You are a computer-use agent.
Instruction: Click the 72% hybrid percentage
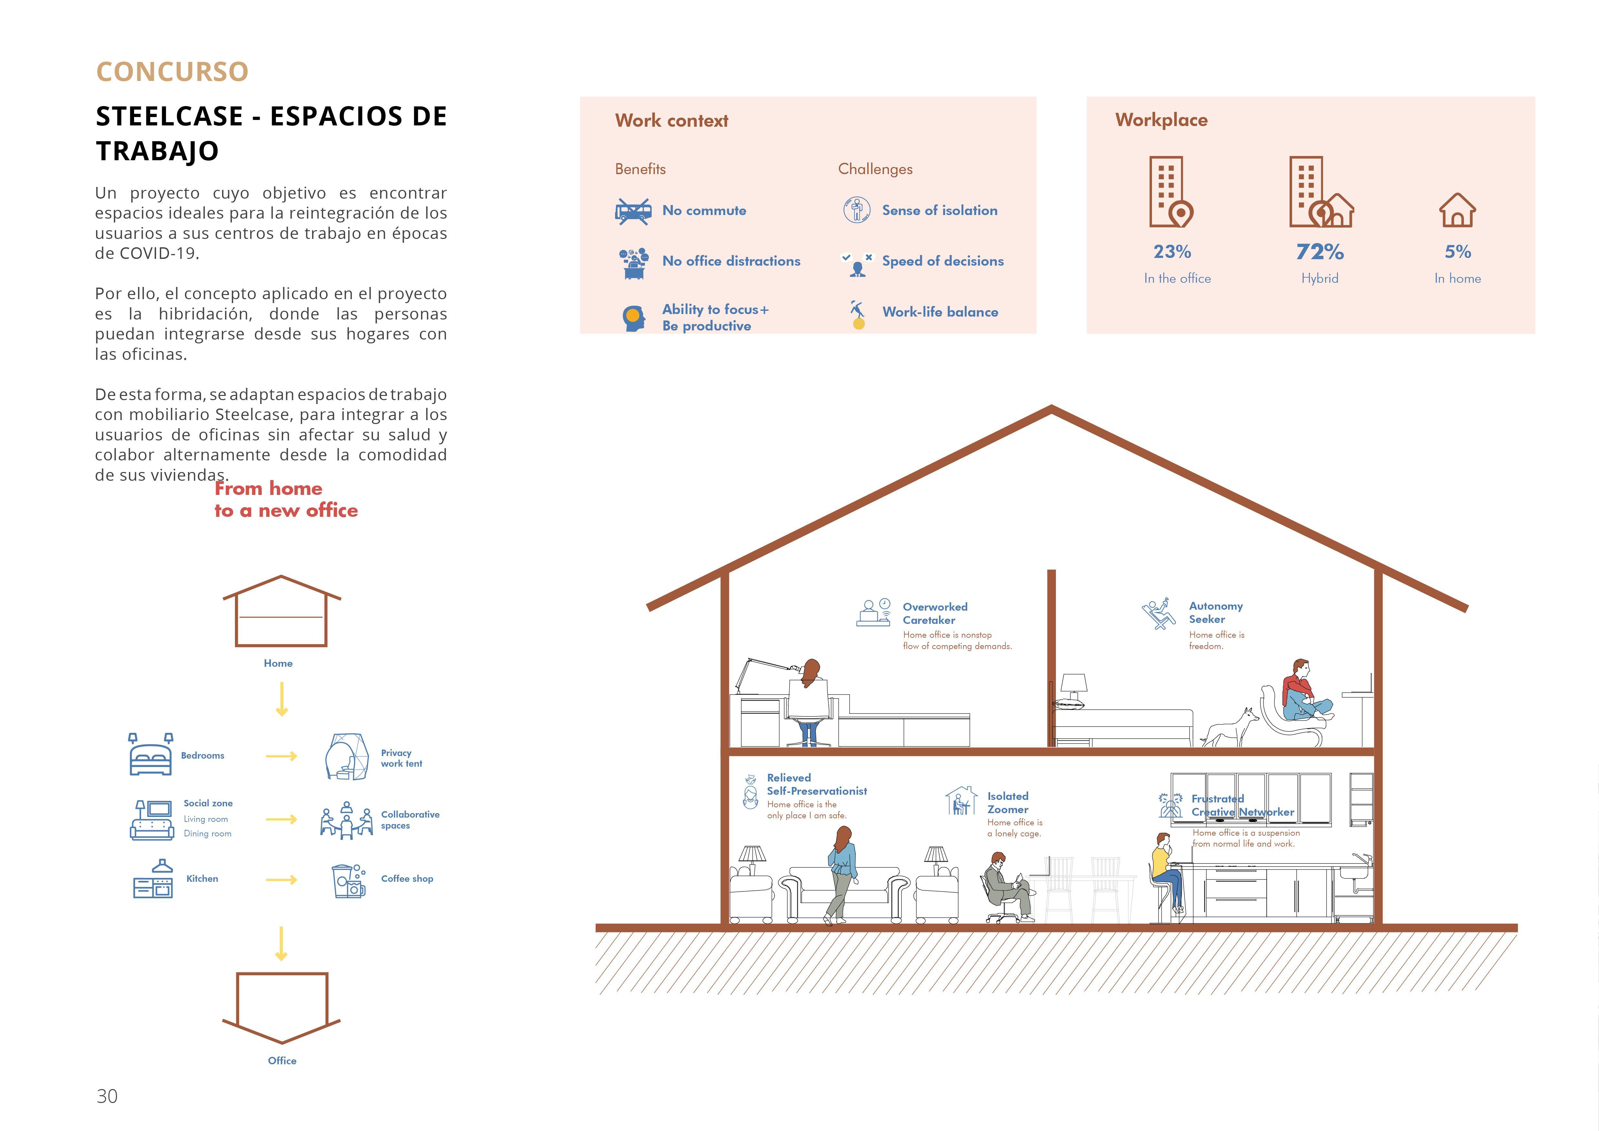coord(1320,251)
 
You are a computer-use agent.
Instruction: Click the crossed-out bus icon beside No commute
coord(633,210)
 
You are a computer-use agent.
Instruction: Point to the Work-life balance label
coord(940,312)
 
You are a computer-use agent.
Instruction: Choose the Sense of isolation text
coord(940,210)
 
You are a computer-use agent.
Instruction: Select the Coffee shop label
coord(407,879)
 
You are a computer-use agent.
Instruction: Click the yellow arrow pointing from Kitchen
coord(281,880)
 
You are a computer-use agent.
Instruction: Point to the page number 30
coord(107,1096)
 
